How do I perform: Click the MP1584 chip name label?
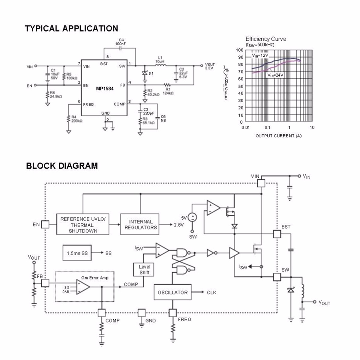[x=105, y=88]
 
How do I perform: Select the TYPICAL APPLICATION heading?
[x=71, y=28]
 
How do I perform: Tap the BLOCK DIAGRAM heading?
[x=62, y=166]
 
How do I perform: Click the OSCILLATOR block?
[x=172, y=292]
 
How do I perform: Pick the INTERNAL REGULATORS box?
[x=140, y=224]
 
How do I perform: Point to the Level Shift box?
[x=144, y=269]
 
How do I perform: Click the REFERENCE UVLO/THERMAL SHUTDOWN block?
[x=83, y=225]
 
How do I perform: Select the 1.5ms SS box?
[x=77, y=253]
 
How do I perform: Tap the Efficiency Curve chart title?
[x=265, y=39]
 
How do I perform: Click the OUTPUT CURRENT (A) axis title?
[x=278, y=136]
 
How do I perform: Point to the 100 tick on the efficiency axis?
[x=239, y=50]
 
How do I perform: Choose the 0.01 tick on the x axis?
[x=245, y=127]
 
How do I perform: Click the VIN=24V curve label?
[x=275, y=75]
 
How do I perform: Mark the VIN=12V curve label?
[x=260, y=55]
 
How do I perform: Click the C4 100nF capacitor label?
[x=121, y=42]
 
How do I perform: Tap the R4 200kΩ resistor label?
[x=76, y=119]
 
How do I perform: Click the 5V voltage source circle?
[x=192, y=217]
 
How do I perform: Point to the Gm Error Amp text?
[x=95, y=278]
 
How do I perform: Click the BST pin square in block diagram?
[x=277, y=234]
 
